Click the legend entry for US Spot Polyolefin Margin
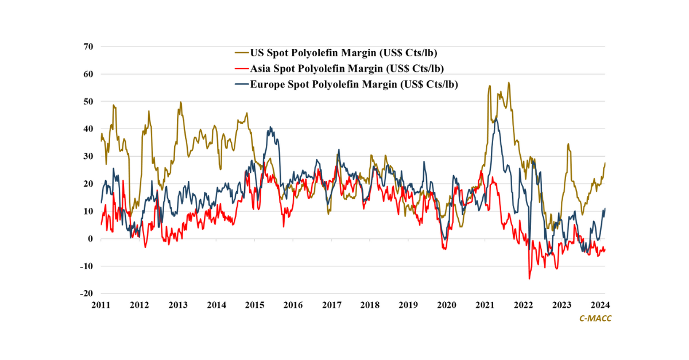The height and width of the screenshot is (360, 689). click(x=343, y=53)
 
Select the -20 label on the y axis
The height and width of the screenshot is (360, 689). click(x=87, y=293)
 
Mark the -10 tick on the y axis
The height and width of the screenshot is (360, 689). click(x=87, y=266)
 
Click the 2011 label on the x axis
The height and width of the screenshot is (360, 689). click(x=101, y=304)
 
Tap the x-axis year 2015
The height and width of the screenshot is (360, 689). click(x=254, y=304)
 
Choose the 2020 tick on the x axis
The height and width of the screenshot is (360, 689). click(x=447, y=304)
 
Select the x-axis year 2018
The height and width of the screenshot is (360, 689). click(x=370, y=304)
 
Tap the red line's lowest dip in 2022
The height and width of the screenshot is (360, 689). click(x=529, y=279)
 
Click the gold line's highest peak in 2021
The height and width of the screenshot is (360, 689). click(x=509, y=83)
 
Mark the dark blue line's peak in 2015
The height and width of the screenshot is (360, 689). click(x=270, y=127)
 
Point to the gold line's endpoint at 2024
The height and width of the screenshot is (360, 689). click(x=605, y=163)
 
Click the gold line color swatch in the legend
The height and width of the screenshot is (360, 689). click(x=241, y=53)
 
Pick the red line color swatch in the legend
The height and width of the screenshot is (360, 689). click(x=241, y=68)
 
